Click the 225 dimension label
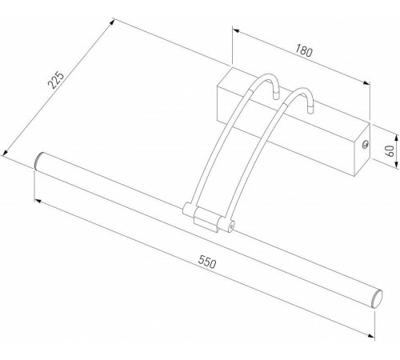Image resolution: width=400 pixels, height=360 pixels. pos(54,82)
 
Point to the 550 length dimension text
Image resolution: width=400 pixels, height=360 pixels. pos(210,262)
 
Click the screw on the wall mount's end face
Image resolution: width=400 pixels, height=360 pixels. pos(366,145)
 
